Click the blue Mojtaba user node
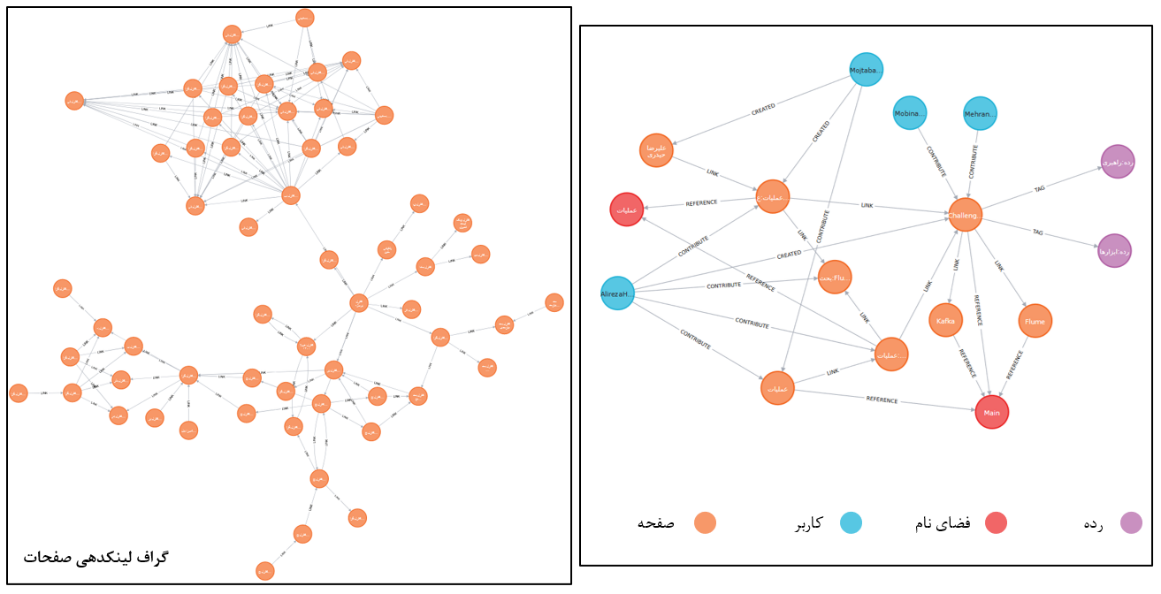click(867, 69)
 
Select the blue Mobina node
click(909, 113)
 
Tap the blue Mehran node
click(980, 113)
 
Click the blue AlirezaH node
click(617, 293)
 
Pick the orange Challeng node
click(965, 215)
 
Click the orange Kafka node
click(945, 321)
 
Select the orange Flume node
click(1035, 322)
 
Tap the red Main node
click(991, 413)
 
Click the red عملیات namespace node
click(626, 209)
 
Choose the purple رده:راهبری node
click(1117, 162)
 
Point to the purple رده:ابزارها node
click(1114, 251)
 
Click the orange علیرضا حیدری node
click(656, 150)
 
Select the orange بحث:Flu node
click(835, 277)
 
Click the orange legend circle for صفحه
click(705, 522)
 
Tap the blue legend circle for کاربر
click(851, 522)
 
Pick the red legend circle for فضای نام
click(996, 522)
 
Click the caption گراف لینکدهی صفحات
click(95, 557)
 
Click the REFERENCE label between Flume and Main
click(1016, 365)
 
